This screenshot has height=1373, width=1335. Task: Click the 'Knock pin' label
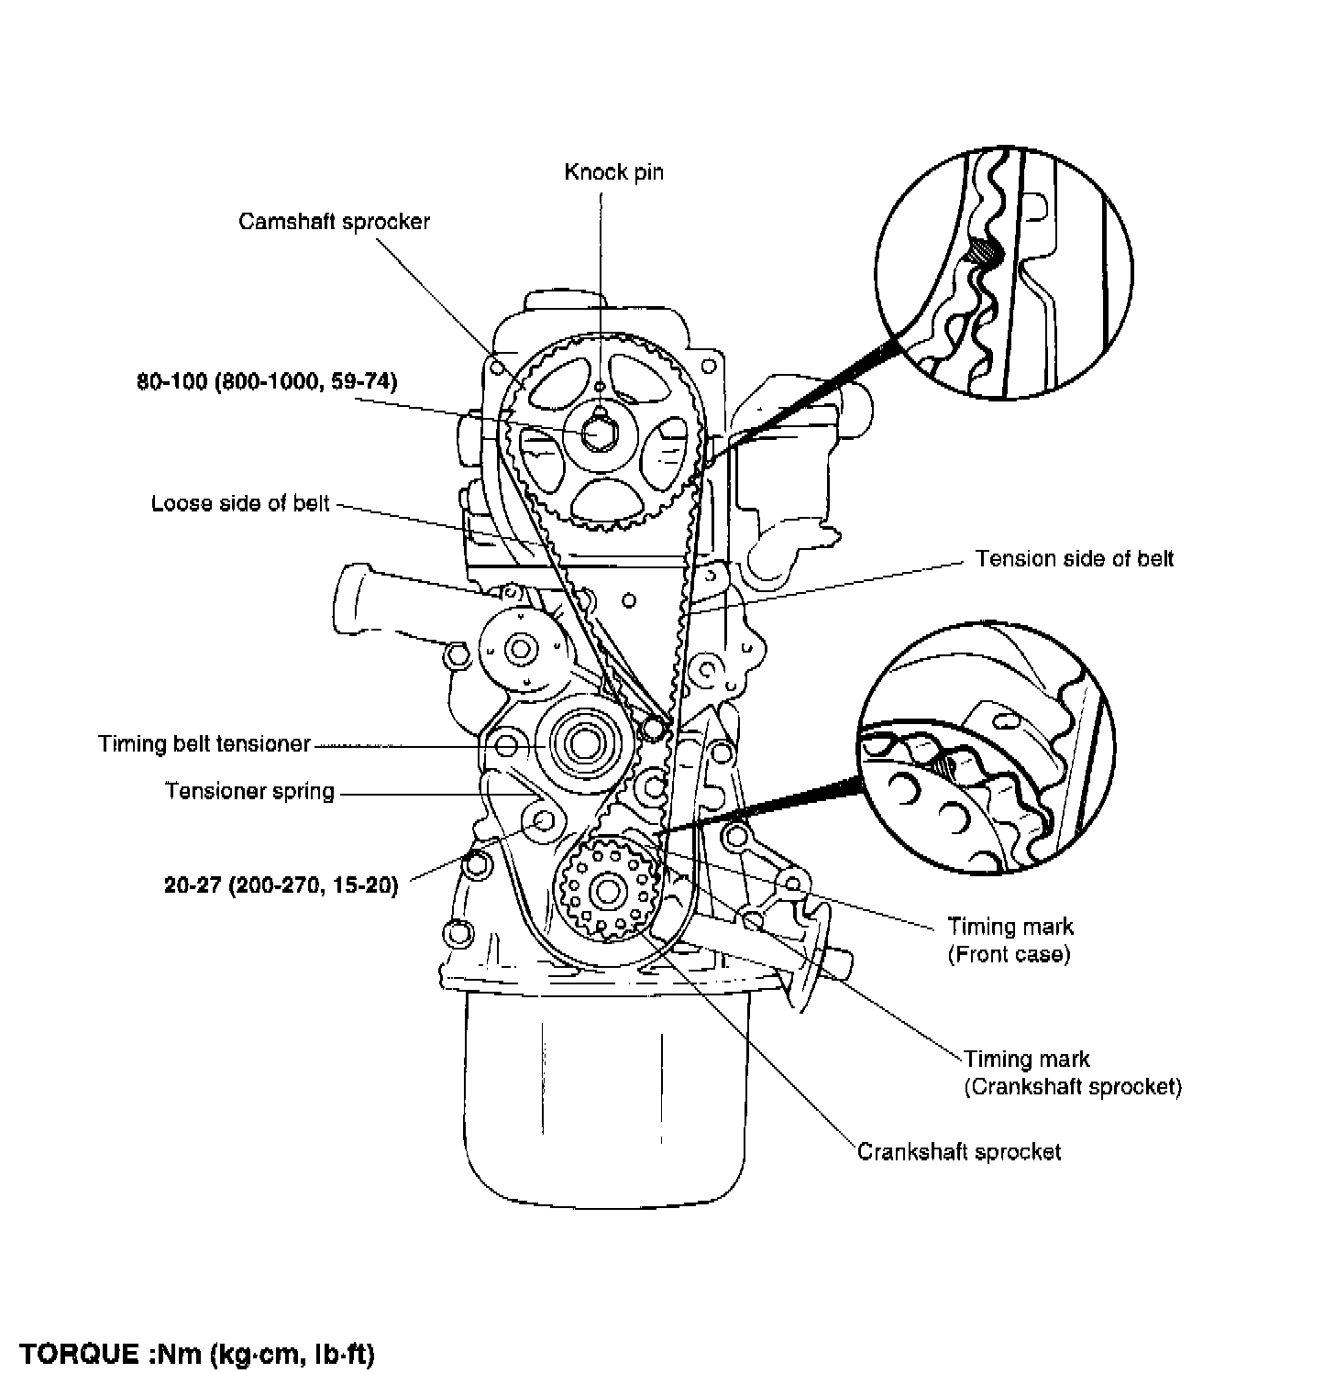[613, 172]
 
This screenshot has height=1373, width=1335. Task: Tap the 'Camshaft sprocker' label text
[334, 222]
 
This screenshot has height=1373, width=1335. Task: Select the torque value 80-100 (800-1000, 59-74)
[267, 381]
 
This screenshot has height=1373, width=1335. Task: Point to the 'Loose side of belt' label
[240, 503]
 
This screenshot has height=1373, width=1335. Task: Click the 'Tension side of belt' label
[1074, 559]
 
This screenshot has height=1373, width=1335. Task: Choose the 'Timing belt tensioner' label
[204, 743]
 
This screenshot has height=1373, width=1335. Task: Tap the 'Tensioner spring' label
[249, 791]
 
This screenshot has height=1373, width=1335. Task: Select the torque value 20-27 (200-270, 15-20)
[281, 886]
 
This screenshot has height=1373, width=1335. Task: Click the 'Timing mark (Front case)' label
[1010, 939]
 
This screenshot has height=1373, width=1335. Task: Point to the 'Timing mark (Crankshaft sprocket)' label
[1072, 1073]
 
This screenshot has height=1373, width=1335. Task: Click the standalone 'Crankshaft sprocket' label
[958, 1152]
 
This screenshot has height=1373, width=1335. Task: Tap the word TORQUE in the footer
[78, 1354]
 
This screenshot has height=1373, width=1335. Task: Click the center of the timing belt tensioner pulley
[581, 744]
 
